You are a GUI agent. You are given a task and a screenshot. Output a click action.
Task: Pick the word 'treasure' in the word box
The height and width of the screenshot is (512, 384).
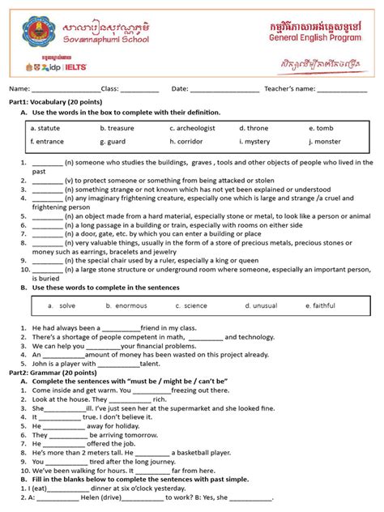pos(118,128)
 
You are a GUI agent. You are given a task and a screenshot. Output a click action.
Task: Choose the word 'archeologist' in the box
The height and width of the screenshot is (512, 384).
pos(195,128)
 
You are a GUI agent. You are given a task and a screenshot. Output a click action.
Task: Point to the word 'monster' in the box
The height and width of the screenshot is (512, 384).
pos(327,142)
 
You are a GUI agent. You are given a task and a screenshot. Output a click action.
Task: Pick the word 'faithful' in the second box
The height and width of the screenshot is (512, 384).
pos(322,305)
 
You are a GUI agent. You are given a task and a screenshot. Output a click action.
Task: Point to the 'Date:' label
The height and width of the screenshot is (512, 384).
pos(180,88)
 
